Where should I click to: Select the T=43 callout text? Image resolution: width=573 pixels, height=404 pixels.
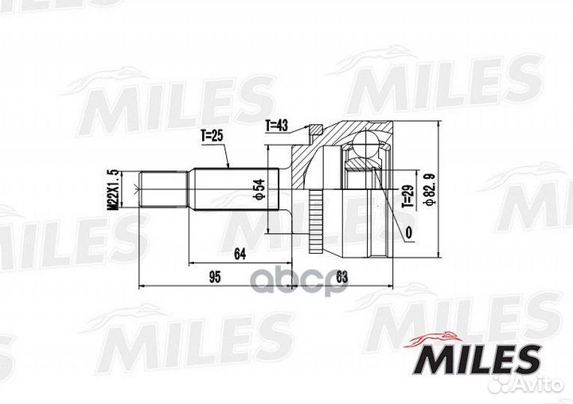coord(276,124)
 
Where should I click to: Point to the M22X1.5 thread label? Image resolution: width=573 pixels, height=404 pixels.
coord(113,189)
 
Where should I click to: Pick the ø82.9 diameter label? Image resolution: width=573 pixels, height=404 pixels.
coord(430,188)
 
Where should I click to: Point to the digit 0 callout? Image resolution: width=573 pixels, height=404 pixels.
coord(407,232)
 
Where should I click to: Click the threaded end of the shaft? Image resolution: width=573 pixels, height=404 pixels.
coord(163,189)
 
